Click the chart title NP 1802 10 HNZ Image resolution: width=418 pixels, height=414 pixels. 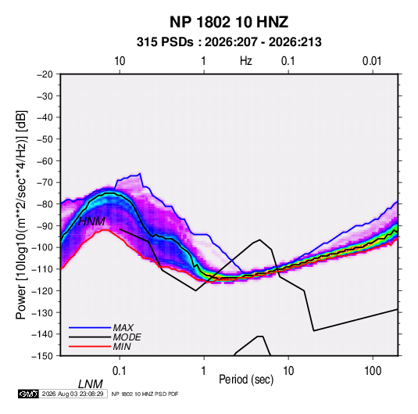click(229, 22)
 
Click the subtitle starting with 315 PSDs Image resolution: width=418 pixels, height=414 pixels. click(229, 42)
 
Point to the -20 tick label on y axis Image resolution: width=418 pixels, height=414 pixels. click(45, 74)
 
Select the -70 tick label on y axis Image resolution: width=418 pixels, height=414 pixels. click(45, 182)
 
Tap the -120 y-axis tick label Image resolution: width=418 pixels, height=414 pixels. click(42, 291)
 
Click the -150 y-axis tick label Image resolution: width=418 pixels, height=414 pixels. click(42, 356)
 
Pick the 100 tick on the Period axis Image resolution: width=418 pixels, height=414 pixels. click(373, 371)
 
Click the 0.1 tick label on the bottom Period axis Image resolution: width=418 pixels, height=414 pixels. click(120, 371)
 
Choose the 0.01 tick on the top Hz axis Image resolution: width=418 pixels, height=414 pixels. click(372, 61)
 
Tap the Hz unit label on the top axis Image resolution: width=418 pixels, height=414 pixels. click(246, 61)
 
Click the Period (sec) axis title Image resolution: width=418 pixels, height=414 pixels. click(246, 380)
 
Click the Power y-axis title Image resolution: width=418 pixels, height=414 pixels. click(21, 215)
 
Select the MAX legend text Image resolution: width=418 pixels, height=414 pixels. click(123, 327)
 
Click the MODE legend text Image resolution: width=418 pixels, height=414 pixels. click(127, 337)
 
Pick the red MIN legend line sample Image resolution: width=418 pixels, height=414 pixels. click(90, 347)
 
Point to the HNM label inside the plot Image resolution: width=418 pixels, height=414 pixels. click(91, 221)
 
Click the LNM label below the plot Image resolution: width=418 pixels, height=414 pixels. click(91, 384)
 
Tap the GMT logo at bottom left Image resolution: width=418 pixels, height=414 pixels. click(28, 394)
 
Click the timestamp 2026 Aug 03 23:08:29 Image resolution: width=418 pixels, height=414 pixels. click(73, 394)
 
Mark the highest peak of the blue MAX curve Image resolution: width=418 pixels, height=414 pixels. click(140, 173)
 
